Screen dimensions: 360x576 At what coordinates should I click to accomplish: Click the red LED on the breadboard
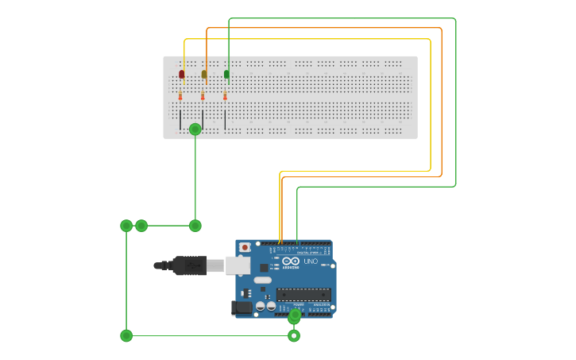tap(181, 75)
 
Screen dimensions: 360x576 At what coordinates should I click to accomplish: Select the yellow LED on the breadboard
tap(203, 75)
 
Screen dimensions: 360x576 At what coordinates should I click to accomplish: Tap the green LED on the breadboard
tap(226, 75)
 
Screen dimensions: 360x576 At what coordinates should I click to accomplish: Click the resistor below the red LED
tap(180, 95)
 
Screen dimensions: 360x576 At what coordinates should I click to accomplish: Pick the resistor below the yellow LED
tap(203, 95)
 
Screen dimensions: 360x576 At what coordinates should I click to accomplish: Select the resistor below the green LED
tap(225, 95)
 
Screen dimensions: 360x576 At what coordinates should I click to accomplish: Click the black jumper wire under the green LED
tap(225, 120)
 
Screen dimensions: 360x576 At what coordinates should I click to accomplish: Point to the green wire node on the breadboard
tap(195, 129)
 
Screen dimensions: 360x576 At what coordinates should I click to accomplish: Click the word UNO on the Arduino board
tap(311, 261)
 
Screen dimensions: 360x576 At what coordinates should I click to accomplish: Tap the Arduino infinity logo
tap(291, 261)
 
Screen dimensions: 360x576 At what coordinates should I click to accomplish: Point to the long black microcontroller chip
tap(303, 294)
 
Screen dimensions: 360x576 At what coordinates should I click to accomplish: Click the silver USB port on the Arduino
tap(238, 265)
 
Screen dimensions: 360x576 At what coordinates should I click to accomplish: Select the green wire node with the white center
tap(294, 335)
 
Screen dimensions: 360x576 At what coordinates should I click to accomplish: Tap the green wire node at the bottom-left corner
tap(126, 335)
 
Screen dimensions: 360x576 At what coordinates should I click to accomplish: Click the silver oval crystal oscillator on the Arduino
tap(262, 280)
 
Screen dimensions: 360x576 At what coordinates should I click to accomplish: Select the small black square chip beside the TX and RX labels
tap(264, 268)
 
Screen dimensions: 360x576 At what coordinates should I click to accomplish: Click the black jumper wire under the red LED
tap(180, 120)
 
